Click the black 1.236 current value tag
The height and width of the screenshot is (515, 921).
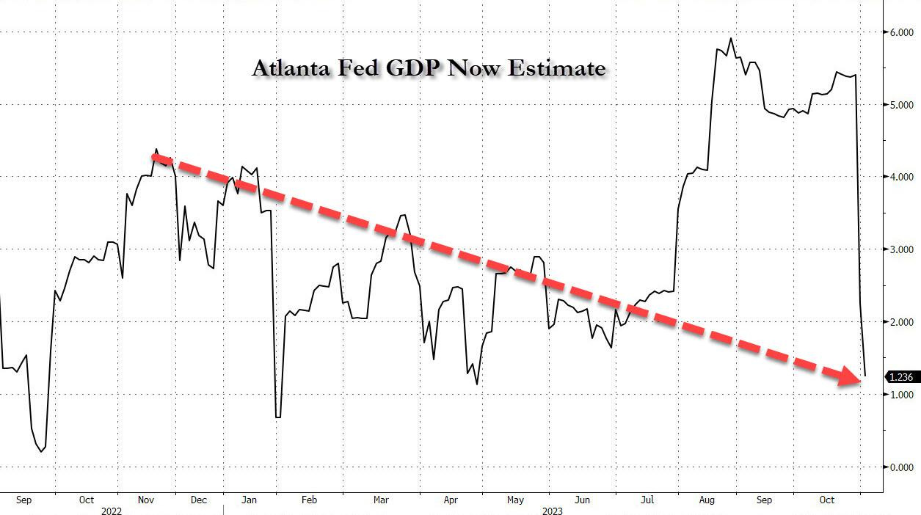(x=900, y=377)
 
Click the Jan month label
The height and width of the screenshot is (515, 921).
(x=250, y=500)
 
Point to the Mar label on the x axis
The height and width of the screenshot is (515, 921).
(x=380, y=500)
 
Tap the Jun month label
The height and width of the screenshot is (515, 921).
(x=582, y=500)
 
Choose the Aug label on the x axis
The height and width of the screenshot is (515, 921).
(x=706, y=500)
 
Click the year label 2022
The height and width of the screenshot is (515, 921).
(x=112, y=511)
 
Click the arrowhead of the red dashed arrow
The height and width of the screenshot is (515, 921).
(x=851, y=377)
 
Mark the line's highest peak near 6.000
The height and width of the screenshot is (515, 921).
(x=731, y=39)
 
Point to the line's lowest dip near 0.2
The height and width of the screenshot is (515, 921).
(x=40, y=451)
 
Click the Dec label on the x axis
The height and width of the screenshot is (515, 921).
(x=198, y=500)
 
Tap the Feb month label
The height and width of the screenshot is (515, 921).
(x=308, y=500)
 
